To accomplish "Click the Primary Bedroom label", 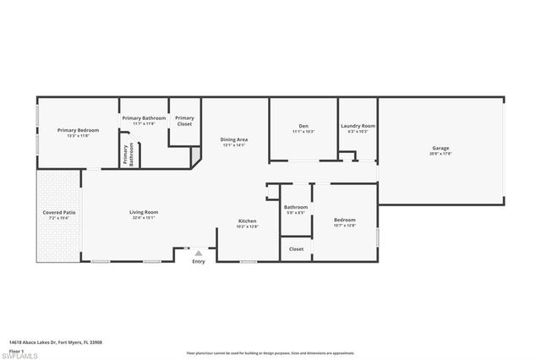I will click(78, 130).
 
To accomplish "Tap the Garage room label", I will click(440, 149).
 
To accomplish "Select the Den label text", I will click(303, 127).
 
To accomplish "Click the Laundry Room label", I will click(358, 127).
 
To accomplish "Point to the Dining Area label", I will click(234, 139).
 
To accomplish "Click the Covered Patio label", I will click(59, 212).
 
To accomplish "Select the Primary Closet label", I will click(184, 121).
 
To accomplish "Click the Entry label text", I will click(199, 261).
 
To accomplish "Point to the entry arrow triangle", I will click(199, 252).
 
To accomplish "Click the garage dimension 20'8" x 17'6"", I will click(440, 154).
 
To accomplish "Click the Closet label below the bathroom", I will click(296, 249).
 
